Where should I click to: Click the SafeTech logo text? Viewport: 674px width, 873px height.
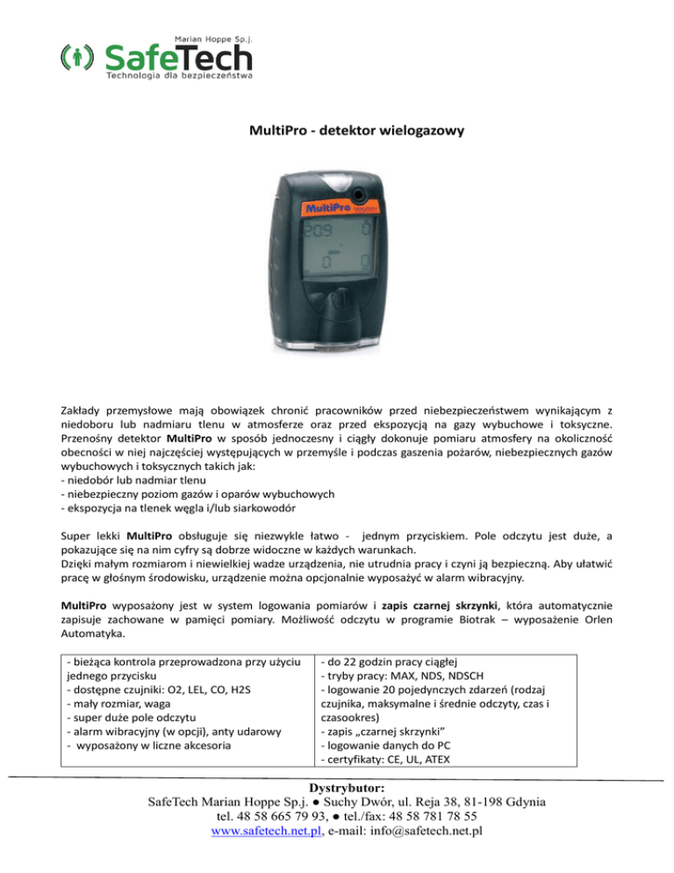click(x=178, y=58)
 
